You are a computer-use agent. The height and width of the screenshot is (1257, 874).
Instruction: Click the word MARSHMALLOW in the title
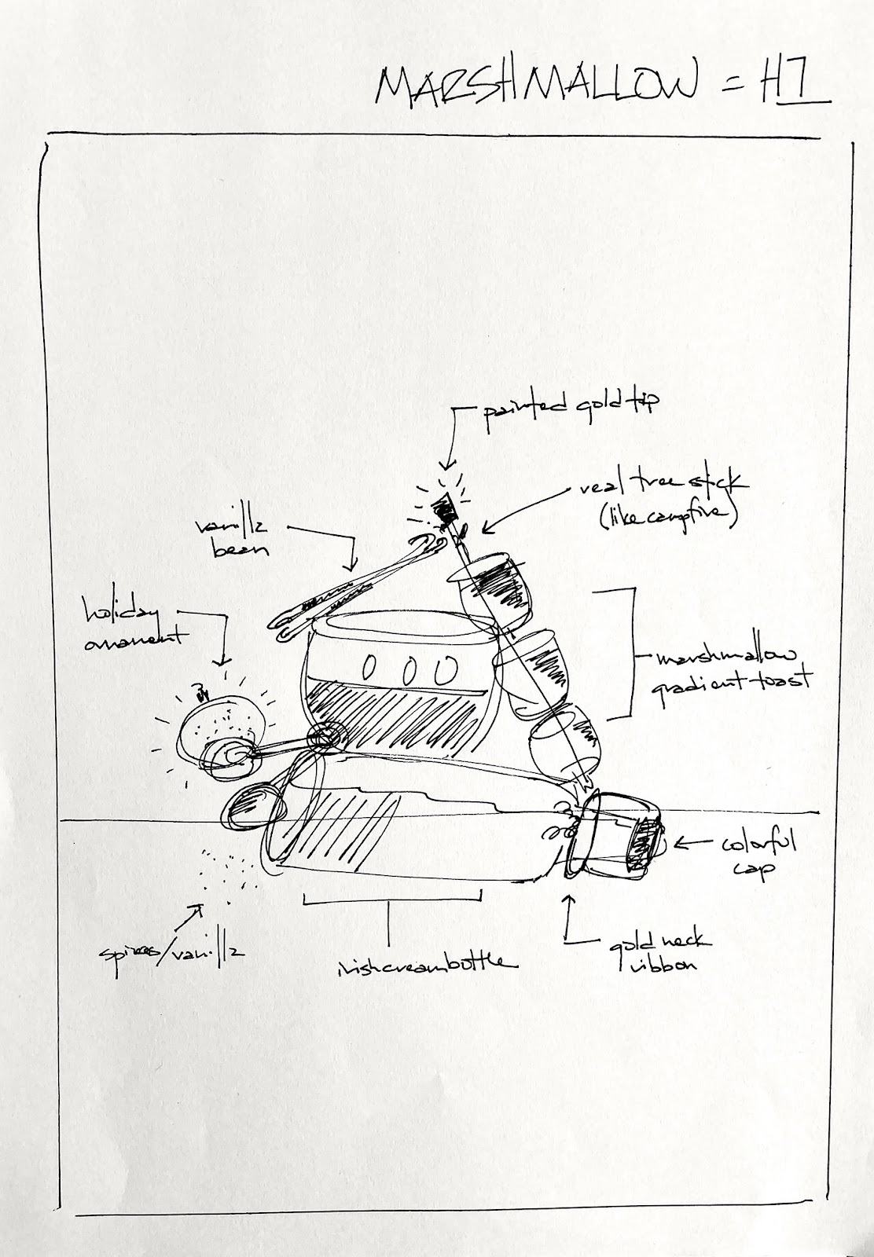[x=534, y=83]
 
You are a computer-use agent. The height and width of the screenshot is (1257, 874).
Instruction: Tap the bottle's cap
[x=621, y=836]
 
